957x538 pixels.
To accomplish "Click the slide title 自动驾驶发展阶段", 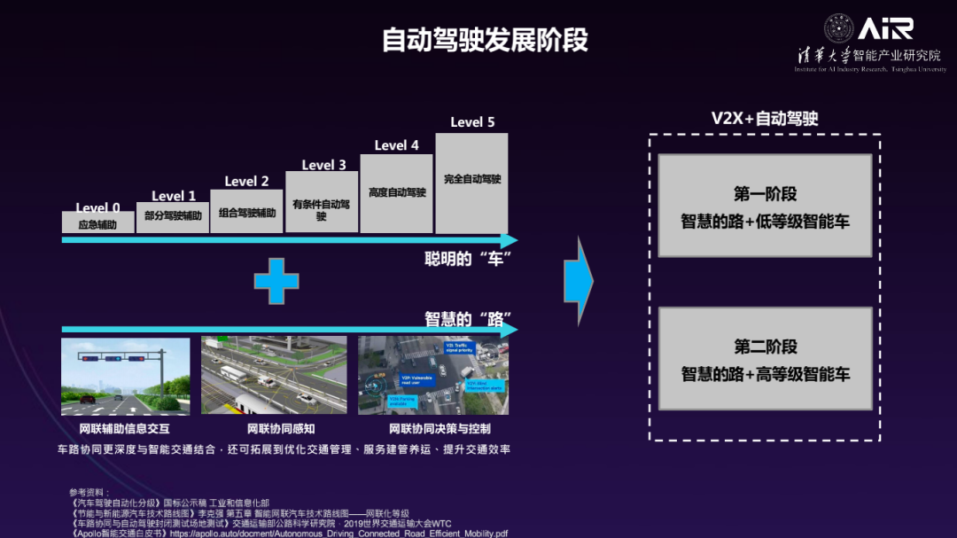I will [485, 41].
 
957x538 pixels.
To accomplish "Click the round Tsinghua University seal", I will [838, 28].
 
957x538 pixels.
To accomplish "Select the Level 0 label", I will [97, 208].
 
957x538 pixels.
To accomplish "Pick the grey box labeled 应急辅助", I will [97, 223].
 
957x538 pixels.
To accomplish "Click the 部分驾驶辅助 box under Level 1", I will [173, 216].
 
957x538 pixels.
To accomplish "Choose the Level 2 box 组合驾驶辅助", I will [247, 212].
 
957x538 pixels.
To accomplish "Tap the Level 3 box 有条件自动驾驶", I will [322, 203].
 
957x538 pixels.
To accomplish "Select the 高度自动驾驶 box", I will [397, 193].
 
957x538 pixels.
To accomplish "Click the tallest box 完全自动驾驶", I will [471, 183].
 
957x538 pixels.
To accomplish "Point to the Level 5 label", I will [472, 122].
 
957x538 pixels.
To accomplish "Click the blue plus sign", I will [276, 281].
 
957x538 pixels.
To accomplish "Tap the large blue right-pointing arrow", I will [578, 281].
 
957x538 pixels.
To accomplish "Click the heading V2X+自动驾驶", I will [765, 119].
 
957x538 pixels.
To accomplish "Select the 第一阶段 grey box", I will [765, 207].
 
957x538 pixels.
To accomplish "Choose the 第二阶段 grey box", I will [765, 359].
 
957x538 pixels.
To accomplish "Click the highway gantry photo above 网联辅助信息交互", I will [125, 376].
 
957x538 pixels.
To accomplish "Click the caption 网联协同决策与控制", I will [433, 430].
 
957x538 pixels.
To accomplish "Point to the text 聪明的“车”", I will [469, 258].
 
